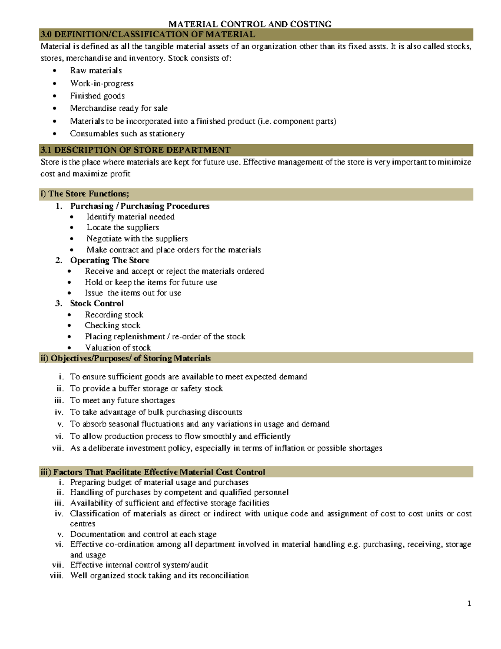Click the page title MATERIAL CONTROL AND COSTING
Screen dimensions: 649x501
(250, 24)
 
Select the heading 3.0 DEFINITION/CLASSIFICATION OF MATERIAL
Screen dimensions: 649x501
(147, 34)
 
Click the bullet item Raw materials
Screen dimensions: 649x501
(96, 71)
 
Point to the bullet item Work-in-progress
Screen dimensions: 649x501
(101, 83)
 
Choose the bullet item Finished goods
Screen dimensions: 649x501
(97, 96)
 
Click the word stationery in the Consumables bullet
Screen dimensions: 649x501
(167, 134)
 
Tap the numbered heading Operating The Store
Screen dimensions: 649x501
(109, 260)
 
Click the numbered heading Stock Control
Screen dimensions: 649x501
(96, 303)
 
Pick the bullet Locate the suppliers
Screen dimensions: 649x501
(122, 228)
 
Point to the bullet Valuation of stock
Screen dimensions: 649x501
(118, 348)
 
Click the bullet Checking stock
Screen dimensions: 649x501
(112, 326)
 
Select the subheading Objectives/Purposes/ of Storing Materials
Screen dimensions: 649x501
(130, 359)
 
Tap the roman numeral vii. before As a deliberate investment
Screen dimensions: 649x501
(58, 448)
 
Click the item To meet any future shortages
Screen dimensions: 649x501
(122, 400)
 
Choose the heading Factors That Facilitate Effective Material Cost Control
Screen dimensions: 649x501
(159, 472)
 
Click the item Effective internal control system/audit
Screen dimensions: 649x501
(139, 565)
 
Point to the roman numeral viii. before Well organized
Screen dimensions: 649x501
(57, 576)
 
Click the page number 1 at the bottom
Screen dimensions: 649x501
(469, 603)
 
